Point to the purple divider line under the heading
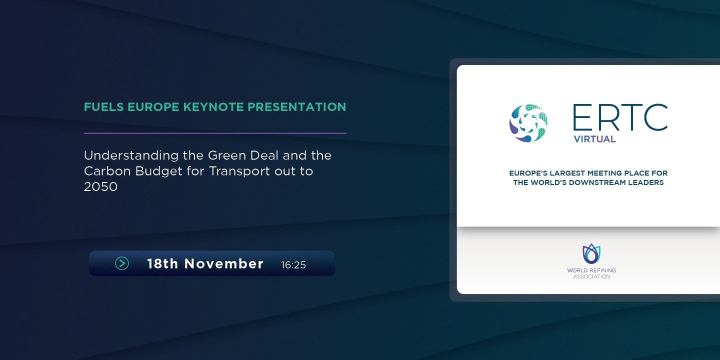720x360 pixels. tap(215, 133)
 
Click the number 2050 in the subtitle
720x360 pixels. tap(100, 187)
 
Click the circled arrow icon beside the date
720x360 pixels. tap(122, 263)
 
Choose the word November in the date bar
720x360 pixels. tap(224, 263)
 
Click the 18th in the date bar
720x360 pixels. tap(162, 263)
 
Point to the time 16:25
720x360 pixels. tap(293, 265)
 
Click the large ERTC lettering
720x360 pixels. tap(620, 117)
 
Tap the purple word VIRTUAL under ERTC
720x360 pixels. tap(594, 139)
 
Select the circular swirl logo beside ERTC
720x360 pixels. tap(528, 123)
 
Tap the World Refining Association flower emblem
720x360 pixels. tap(591, 254)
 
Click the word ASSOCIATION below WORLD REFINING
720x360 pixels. tap(591, 276)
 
